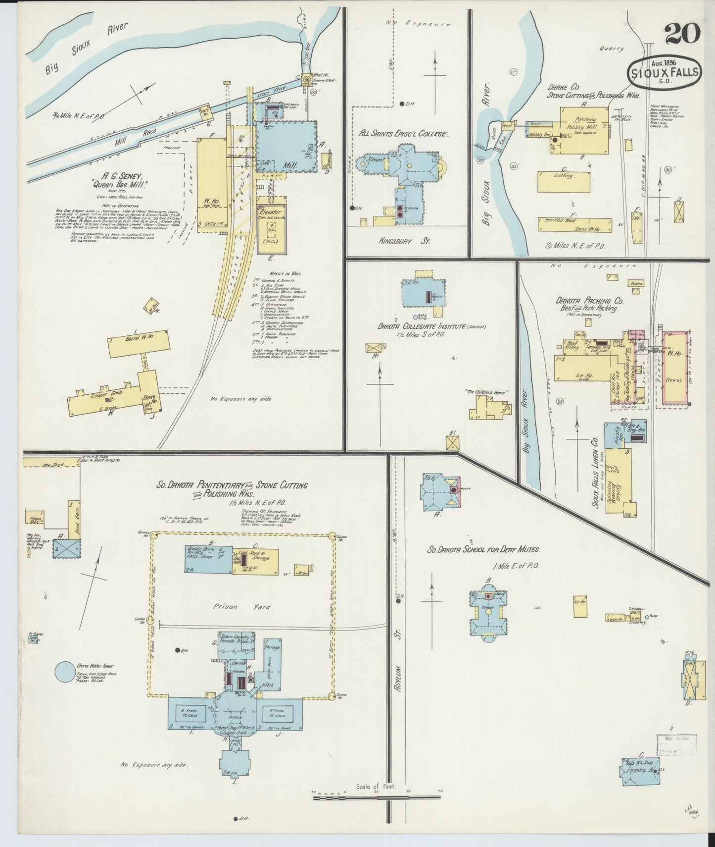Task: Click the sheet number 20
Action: coord(682,34)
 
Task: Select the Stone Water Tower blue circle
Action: coord(66,672)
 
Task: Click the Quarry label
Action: coord(612,49)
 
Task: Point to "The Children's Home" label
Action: coord(486,392)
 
